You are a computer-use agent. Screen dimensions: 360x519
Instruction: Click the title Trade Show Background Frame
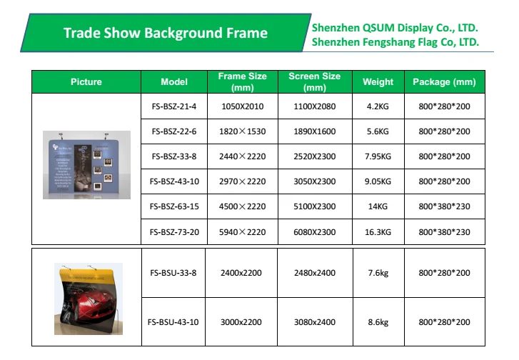click(x=165, y=33)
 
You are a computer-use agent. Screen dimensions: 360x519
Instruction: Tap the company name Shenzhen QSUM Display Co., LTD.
click(x=395, y=28)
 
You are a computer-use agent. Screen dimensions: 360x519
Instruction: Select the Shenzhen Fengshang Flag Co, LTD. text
click(x=395, y=43)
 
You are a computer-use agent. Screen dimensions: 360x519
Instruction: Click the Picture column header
click(x=86, y=82)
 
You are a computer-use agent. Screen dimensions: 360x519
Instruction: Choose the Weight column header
click(x=378, y=82)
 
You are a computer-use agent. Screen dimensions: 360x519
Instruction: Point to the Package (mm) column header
click(x=444, y=82)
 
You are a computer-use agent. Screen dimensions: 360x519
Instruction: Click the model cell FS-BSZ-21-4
click(x=173, y=106)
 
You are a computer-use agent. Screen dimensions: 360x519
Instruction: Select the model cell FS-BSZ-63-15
click(x=173, y=206)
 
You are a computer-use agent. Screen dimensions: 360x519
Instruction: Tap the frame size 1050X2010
click(x=243, y=106)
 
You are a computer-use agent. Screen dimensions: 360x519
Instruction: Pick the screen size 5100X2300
click(x=314, y=206)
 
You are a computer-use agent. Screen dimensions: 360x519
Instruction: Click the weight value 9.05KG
click(x=378, y=181)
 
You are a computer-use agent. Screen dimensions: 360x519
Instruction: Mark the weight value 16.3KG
click(x=378, y=231)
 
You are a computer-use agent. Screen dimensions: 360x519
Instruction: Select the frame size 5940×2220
click(x=243, y=231)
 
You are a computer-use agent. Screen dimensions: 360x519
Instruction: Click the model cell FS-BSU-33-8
click(x=173, y=273)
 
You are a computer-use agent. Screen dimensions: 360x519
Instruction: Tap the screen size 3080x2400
click(x=314, y=322)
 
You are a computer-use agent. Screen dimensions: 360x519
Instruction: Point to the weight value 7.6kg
click(x=378, y=273)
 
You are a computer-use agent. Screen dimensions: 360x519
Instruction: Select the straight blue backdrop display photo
click(x=86, y=165)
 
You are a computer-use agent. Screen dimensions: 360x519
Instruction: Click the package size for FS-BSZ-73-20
click(x=444, y=231)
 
